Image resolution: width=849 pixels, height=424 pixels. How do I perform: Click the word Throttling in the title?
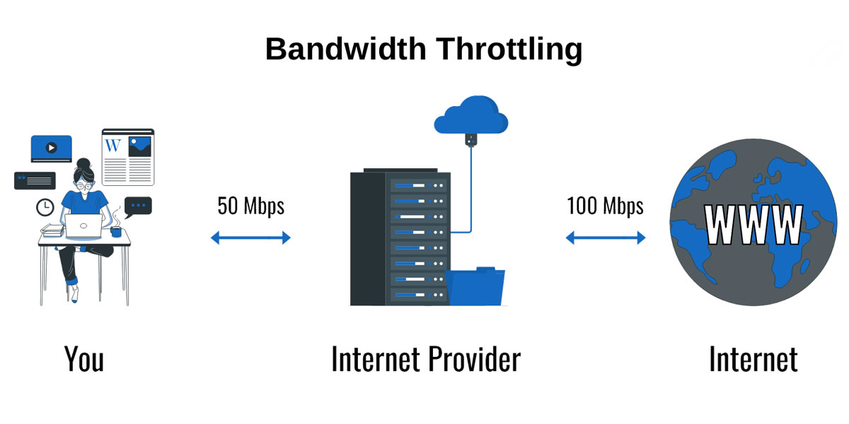point(509,49)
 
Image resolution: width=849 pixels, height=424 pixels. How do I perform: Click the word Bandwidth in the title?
point(345,49)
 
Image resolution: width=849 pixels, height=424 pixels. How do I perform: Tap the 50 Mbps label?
point(250,206)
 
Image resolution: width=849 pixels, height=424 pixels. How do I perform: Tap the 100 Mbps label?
point(605,206)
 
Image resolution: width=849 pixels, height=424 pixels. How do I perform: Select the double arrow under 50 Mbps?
point(250,238)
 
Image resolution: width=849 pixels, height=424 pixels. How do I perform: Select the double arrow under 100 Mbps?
point(606,238)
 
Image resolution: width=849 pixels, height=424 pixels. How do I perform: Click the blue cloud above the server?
point(470,116)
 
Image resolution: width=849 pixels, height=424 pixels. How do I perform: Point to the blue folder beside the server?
point(475,285)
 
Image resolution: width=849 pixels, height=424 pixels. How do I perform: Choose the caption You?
point(84,359)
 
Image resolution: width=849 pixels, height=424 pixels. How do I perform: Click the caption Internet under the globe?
point(753,359)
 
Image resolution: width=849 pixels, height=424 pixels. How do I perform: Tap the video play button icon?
point(51,148)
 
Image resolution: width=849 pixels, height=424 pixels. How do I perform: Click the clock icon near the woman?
point(45,207)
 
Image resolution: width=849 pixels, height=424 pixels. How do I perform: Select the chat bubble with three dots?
point(138,206)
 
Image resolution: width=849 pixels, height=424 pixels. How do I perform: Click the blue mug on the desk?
point(116,231)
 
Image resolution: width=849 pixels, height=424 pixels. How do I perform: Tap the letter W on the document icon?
point(112,146)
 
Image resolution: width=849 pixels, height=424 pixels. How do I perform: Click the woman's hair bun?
point(83,163)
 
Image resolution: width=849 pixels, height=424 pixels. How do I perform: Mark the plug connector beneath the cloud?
point(468,140)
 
